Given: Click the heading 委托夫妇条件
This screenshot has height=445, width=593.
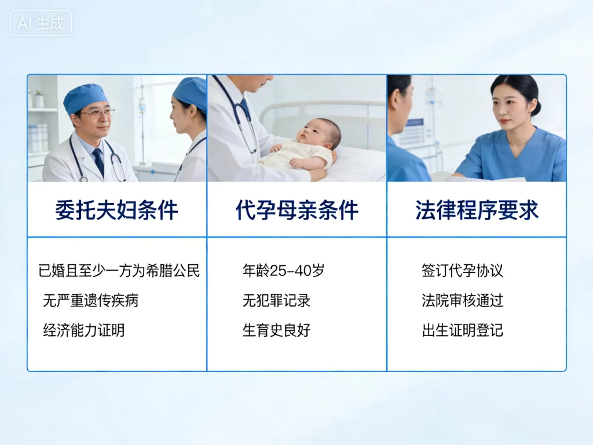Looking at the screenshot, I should (x=116, y=210).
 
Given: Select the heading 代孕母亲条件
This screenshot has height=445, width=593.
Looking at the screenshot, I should (x=296, y=210).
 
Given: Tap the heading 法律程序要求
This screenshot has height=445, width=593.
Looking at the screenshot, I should (x=477, y=210).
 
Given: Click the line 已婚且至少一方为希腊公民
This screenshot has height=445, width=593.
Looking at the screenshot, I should (x=119, y=271).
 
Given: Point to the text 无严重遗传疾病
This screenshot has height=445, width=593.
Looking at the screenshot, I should (x=90, y=301).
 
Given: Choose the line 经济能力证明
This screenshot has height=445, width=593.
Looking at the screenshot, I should (x=83, y=331).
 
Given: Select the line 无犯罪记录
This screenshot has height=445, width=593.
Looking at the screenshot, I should (x=276, y=301).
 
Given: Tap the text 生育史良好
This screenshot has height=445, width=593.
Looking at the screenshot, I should (x=276, y=331).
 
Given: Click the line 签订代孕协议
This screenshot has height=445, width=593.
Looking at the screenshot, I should (x=462, y=271).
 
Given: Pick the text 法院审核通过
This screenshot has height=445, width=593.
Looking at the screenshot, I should (x=462, y=301).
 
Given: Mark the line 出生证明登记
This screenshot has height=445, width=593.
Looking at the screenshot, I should (x=462, y=331).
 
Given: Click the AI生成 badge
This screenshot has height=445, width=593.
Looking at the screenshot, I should (x=41, y=23).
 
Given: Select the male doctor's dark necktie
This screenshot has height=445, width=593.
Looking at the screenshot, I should (x=98, y=162).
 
